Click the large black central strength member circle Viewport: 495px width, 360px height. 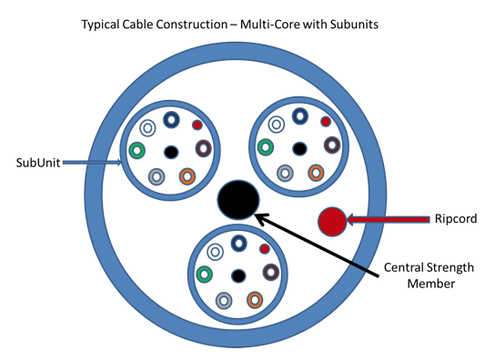pos(239,199)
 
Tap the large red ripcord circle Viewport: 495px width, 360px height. pos(332,220)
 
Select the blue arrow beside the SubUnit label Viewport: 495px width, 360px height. pos(96,164)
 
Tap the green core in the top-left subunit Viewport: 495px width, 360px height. pos(137,150)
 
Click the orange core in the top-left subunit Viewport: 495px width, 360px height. pos(187,175)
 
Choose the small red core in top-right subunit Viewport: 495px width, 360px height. pos(326,122)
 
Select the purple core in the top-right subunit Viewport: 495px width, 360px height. pos(332,145)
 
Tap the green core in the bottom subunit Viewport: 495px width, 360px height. pos(205,274)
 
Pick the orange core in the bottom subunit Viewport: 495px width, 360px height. pos(255,298)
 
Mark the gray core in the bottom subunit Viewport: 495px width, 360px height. pos(224,300)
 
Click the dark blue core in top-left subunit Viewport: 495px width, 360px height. pos(170,119)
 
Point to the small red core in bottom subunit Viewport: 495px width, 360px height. pos(265,248)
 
